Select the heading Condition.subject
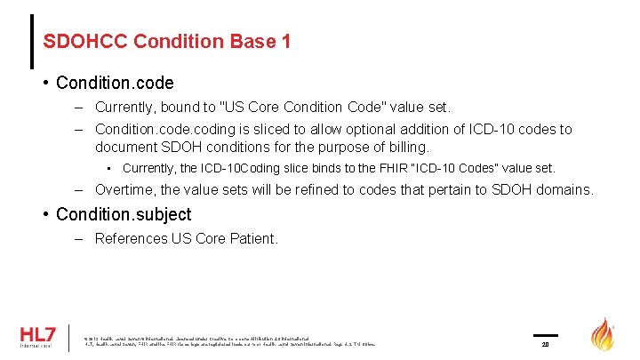tap(123, 214)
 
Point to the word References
tap(131, 238)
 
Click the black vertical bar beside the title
tap(32, 41)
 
